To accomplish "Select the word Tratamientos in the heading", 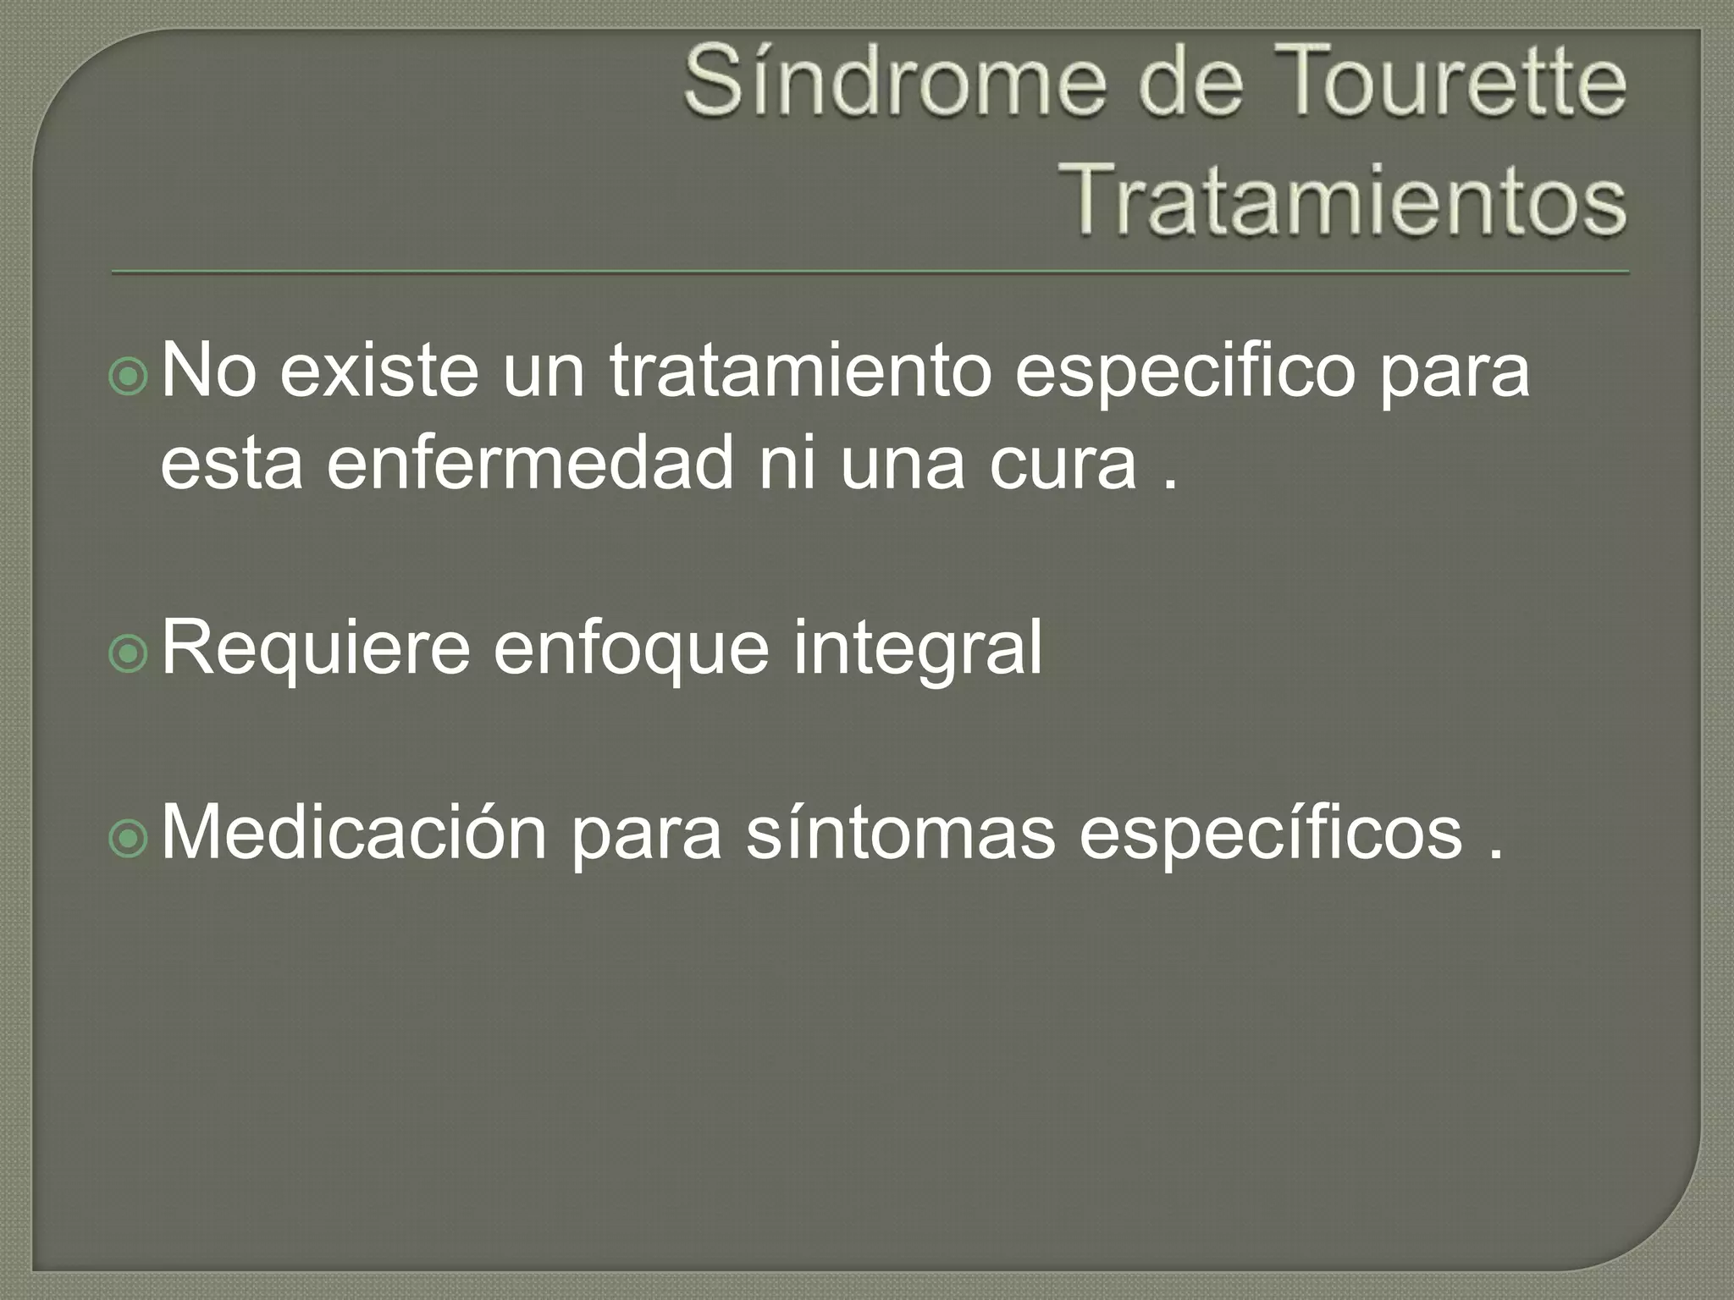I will coord(1341,201).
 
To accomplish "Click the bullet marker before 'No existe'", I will coord(129,377).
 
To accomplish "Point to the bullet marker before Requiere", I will coord(129,653).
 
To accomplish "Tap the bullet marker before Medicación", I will coord(129,838).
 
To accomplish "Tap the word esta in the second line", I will coord(231,464).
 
